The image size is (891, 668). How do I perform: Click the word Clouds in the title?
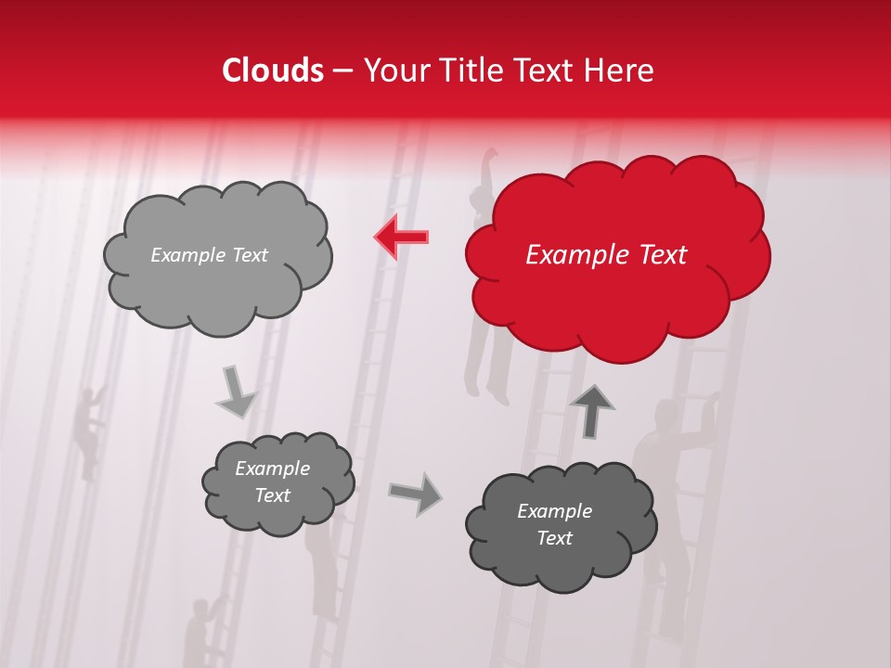point(273,71)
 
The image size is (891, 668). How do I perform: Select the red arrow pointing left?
point(401,238)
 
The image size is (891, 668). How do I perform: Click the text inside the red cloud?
point(606,255)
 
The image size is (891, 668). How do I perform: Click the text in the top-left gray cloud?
point(209,255)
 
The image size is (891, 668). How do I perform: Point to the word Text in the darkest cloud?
point(554,538)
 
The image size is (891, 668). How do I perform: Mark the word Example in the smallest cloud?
point(272,469)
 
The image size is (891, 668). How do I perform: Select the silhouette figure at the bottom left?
point(199,631)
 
